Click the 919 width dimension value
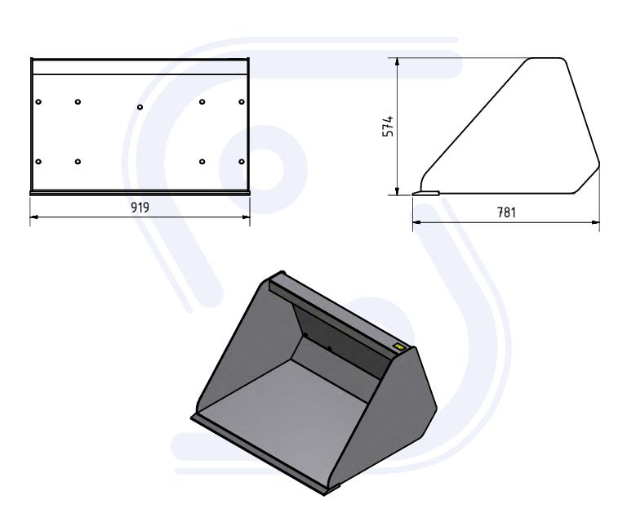140,208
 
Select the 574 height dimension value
389,127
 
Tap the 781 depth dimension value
506,212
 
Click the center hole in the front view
140,107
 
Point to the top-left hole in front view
38,101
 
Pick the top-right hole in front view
242,101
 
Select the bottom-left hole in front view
38,162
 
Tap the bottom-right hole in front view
242,162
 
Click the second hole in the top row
78,101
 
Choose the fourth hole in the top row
202,101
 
